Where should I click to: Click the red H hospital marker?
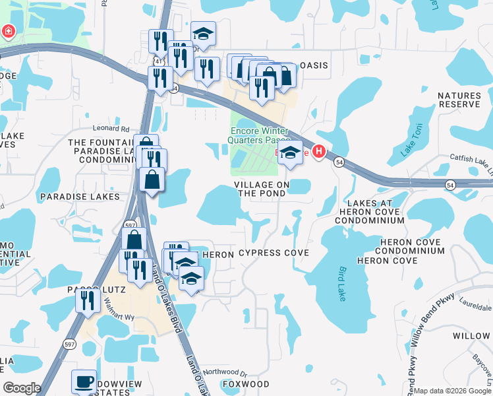(x=320, y=152)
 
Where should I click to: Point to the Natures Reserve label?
(x=459, y=100)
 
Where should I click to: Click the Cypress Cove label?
(x=274, y=253)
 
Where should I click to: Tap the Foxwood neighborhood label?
(x=245, y=383)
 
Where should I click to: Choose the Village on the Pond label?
(x=262, y=189)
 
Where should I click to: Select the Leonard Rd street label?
(x=111, y=129)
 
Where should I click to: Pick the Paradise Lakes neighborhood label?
(x=79, y=197)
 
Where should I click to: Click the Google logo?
(x=21, y=388)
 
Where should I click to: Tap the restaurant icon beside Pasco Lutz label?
(x=87, y=300)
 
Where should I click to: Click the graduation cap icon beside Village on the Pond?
(x=290, y=154)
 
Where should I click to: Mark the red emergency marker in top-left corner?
(x=8, y=31)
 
